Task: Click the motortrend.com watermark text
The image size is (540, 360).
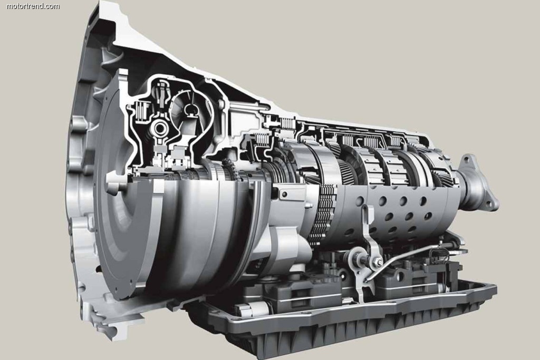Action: (x=33, y=6)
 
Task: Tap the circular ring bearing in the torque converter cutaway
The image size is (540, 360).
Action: (x=159, y=129)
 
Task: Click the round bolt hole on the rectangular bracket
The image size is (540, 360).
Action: (x=284, y=194)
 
